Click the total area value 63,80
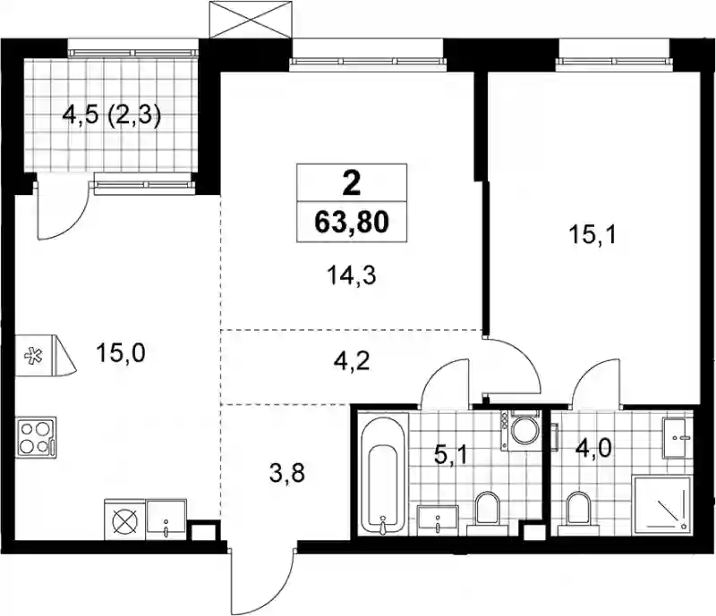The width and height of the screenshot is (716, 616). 351,223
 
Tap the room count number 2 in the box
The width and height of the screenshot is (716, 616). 351,183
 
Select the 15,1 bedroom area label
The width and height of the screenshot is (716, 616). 592,236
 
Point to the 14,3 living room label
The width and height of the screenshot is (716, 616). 351,275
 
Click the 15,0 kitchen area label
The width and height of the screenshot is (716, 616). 121,354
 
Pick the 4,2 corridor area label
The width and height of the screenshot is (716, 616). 351,362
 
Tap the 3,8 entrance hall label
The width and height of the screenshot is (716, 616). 287,474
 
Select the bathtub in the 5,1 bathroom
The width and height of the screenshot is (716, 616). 383,474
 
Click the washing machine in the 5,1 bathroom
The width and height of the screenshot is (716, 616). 521,429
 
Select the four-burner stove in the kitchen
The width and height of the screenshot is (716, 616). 37,437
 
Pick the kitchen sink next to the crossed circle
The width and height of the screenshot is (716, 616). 166,519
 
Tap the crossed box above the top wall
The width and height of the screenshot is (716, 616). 250,20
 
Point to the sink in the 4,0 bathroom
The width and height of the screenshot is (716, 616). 675,437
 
